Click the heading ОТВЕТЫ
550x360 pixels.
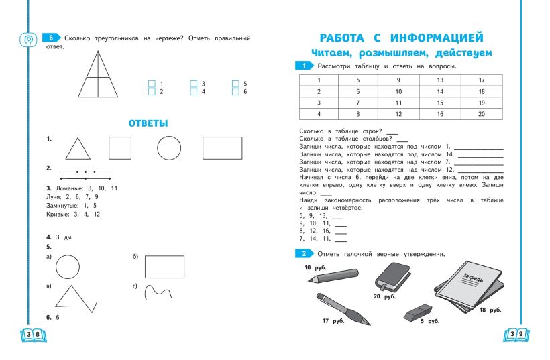[x=148, y=123]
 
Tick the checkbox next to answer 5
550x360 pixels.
[x=235, y=84]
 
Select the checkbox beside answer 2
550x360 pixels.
[x=152, y=91]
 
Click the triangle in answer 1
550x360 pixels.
[x=78, y=148]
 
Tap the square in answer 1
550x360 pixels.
[x=119, y=147]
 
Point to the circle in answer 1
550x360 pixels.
[x=169, y=147]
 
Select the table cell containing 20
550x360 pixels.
[x=482, y=113]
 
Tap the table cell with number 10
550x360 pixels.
[x=399, y=91]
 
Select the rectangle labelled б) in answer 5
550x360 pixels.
[x=164, y=266]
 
